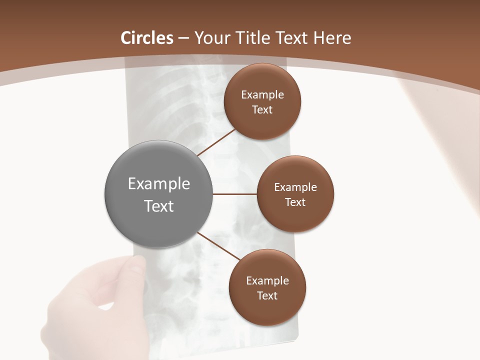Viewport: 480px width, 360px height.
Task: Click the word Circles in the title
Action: pos(147,38)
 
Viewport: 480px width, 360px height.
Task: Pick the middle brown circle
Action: pos(295,220)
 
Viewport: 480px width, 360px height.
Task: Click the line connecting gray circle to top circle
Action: pos(216,142)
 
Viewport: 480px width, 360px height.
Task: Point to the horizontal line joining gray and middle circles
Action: pos(234,194)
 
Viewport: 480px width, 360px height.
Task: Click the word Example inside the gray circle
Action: pos(159,184)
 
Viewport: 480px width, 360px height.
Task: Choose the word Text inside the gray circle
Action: pos(159,206)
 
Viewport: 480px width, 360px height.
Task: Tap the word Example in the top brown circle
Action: pos(262,95)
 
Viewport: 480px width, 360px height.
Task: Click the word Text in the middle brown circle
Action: pos(295,202)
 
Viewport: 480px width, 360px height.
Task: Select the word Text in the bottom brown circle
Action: pos(267,295)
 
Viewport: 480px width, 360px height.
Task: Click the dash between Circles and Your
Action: pos(183,38)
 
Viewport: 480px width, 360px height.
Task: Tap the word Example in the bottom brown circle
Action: pos(267,280)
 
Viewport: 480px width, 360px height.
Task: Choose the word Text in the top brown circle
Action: pos(262,109)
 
